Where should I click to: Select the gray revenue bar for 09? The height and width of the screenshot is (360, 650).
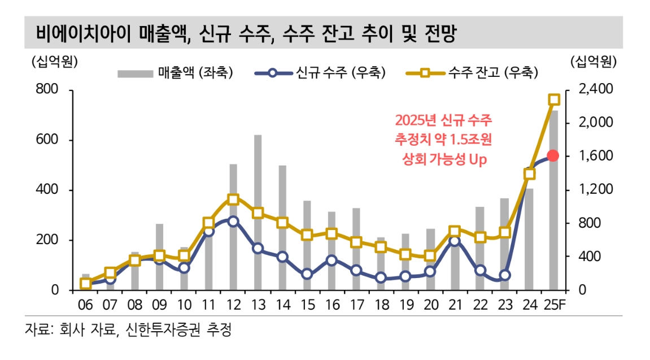159,257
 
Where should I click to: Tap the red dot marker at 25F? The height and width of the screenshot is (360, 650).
553,155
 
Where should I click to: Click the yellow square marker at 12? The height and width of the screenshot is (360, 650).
233,199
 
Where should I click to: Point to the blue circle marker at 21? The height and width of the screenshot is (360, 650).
455,241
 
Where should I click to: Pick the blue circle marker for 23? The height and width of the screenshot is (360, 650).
504,275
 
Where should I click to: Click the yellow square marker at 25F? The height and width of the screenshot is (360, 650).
553,99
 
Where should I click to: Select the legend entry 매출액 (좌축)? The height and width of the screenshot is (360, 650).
175,72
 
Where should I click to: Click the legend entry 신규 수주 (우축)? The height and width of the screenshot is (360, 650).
321,72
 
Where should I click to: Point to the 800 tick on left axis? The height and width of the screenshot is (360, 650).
49,90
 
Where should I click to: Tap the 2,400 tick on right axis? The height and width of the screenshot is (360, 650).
597,90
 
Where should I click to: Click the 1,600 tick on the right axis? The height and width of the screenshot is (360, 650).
597,156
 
